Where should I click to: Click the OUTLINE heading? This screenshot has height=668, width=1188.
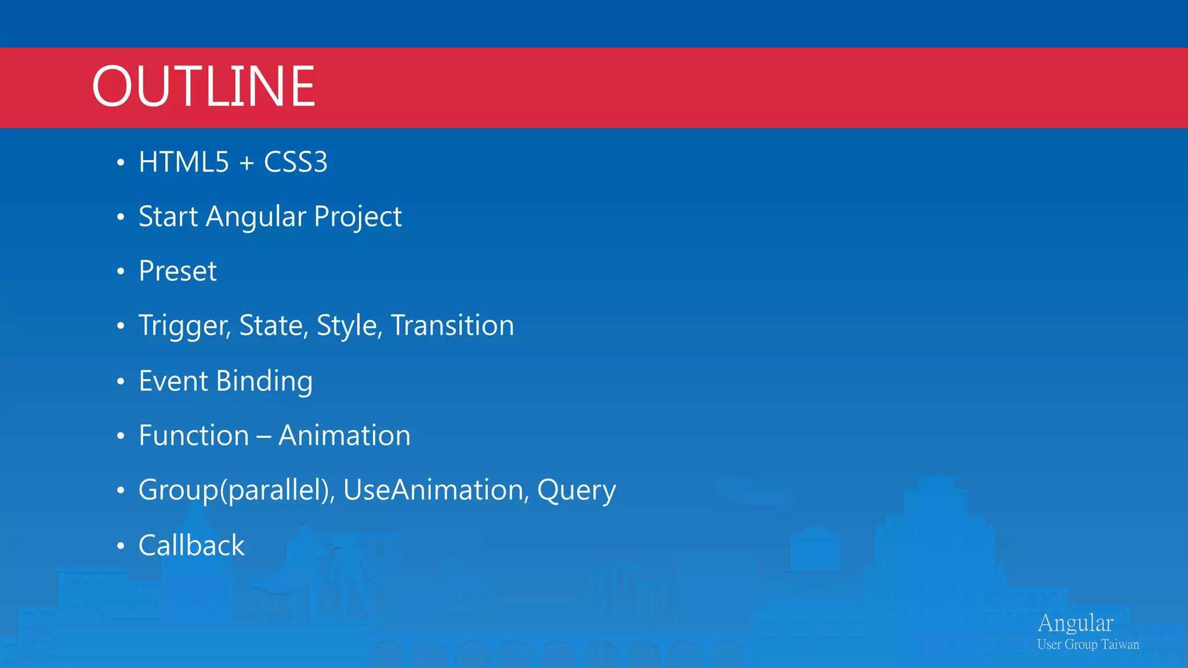pos(203,87)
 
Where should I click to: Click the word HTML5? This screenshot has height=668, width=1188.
pos(184,162)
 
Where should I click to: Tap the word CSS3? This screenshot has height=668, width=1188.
pos(295,162)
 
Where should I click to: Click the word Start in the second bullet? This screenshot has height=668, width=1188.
pos(168,217)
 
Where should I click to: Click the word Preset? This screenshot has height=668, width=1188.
pos(178,271)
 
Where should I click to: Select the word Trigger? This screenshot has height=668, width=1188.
pos(184,326)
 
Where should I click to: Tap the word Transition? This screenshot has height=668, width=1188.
pos(452,325)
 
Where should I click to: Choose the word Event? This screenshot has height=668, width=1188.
pos(173,381)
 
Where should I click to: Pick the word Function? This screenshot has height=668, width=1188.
pos(194,435)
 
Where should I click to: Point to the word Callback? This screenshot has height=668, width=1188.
pos(191,546)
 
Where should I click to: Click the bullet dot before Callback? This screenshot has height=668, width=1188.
pos(121,546)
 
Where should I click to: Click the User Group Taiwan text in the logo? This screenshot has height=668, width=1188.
pos(1088,644)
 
